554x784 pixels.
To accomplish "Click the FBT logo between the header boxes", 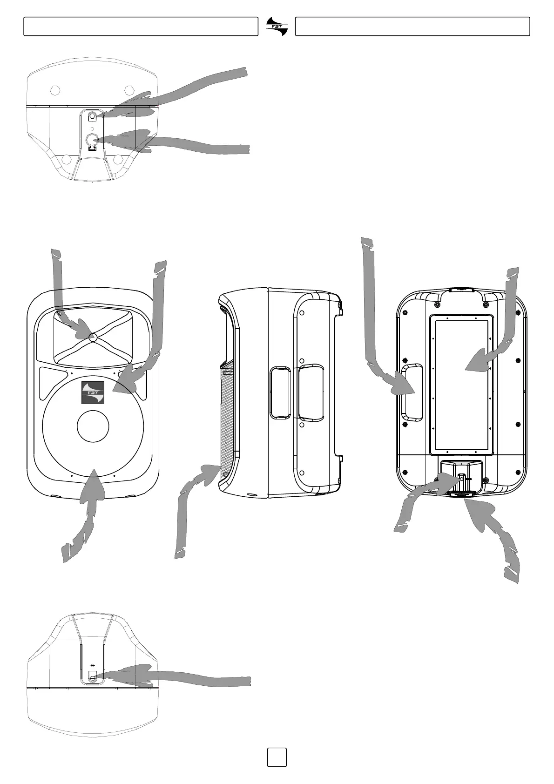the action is pos(277,26).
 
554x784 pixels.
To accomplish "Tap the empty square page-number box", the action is pos(277,757).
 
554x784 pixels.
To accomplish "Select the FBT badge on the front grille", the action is pos(93,392).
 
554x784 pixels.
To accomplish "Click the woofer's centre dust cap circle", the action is pos(93,426).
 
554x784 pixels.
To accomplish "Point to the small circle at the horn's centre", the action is pos(92,337).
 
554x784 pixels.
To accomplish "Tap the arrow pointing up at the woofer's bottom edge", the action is pos(86,512).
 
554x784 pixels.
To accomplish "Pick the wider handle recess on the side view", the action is pos(311,392).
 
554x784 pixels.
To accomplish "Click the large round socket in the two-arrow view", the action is pos(92,138).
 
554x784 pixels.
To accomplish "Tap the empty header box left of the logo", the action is pos(141,27).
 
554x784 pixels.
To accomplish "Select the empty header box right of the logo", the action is pos(412,27).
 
